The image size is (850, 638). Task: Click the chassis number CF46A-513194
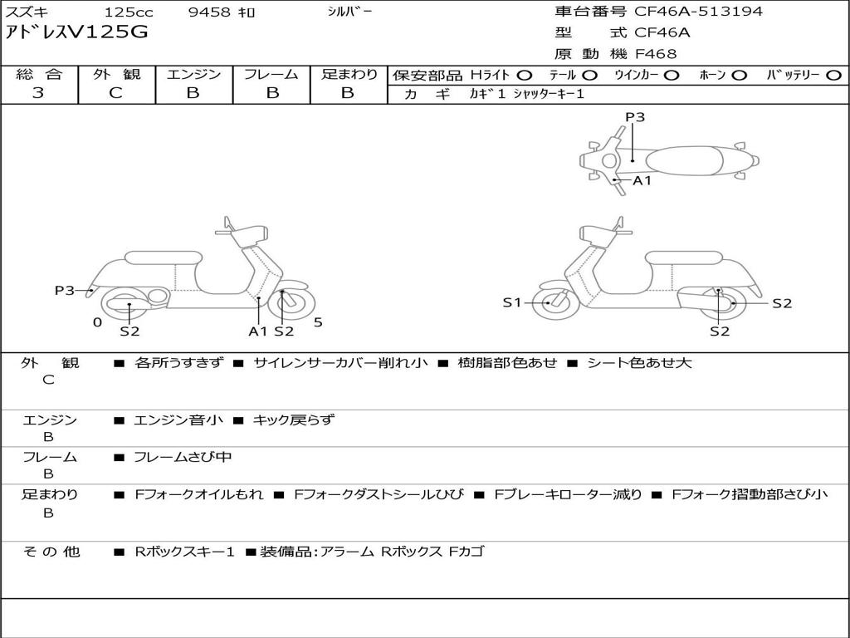point(698,12)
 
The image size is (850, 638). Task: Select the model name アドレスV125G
point(76,32)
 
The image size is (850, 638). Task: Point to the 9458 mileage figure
point(209,12)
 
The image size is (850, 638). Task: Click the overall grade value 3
point(38,93)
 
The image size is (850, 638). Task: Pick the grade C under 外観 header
point(116,93)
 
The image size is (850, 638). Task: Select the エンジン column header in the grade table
point(193,74)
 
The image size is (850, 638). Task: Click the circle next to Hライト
point(525,76)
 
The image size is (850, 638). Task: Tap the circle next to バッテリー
point(833,76)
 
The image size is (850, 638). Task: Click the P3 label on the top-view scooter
point(635,117)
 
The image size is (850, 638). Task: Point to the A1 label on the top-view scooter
point(642,180)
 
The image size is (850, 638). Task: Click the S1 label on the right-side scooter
point(511,302)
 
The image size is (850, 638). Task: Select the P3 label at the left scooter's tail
point(65,291)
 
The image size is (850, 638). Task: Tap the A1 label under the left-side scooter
point(258,331)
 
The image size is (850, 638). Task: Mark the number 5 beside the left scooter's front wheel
point(318,322)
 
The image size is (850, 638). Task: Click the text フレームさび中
point(183,458)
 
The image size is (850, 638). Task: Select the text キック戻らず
point(293,420)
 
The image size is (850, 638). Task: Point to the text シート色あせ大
point(640,362)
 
